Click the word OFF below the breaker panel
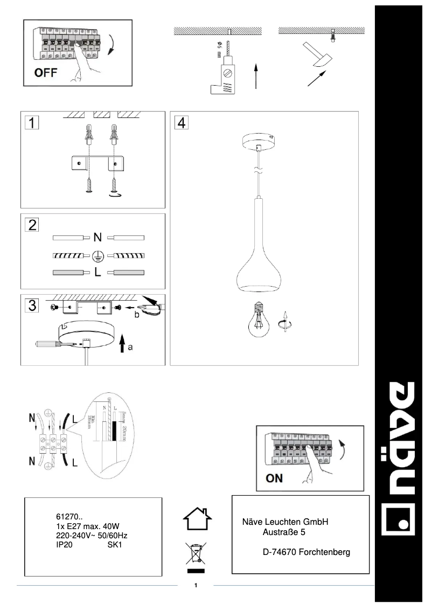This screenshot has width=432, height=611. (46, 73)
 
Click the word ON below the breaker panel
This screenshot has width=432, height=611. (274, 478)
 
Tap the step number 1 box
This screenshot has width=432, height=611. (31, 123)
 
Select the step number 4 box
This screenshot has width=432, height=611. (181, 123)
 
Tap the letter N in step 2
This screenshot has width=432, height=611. (97, 237)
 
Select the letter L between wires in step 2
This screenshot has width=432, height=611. (97, 273)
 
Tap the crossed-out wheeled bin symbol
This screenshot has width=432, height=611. (197, 555)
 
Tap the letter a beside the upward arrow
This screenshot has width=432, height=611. (130, 348)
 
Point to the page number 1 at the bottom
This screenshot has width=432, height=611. (196, 585)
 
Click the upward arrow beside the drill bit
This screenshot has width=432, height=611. (256, 75)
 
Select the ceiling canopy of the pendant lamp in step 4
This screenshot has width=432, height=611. (260, 142)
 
